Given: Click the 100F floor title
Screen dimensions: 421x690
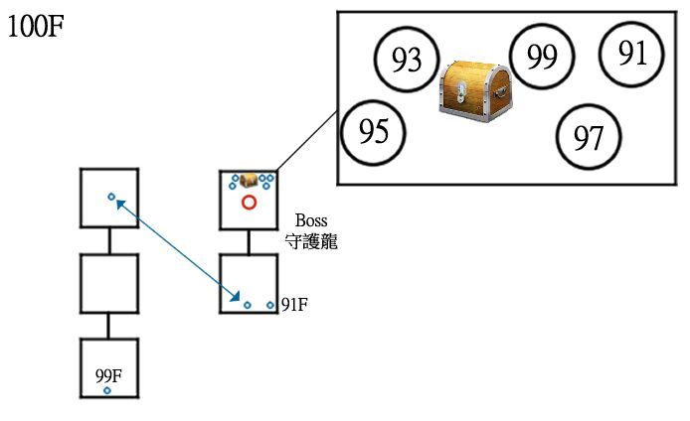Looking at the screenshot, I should click(x=36, y=27).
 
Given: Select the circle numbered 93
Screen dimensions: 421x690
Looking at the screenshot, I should click(x=405, y=61).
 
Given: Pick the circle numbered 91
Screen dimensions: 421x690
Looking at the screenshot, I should click(x=632, y=53).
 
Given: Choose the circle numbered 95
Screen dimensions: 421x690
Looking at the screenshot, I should click(x=373, y=133).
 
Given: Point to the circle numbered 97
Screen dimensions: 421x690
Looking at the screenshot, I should click(x=588, y=138).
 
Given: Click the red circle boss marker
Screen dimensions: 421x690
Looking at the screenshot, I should click(x=250, y=203).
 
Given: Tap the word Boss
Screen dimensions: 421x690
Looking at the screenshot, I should click(x=311, y=221).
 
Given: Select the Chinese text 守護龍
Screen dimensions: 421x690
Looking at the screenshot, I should click(x=311, y=240).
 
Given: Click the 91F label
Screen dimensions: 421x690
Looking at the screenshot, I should click(x=294, y=305).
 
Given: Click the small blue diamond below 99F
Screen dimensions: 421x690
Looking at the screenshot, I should click(x=107, y=391).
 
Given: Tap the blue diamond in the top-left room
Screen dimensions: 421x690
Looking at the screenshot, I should click(x=111, y=197).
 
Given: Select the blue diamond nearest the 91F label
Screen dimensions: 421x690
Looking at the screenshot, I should click(x=270, y=305).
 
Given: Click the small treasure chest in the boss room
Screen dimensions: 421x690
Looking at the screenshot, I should click(x=250, y=180).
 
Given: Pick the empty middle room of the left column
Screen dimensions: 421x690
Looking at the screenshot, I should click(x=108, y=284).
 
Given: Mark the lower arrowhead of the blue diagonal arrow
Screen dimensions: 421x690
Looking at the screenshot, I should click(x=237, y=297).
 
